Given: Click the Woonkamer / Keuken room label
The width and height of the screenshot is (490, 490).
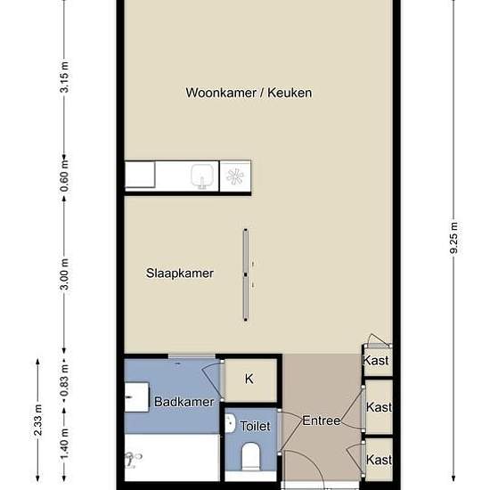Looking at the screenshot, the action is [249, 93].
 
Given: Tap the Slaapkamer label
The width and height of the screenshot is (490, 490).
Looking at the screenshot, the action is [180, 274].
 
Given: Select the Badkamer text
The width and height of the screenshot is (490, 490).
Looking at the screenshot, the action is [184, 402].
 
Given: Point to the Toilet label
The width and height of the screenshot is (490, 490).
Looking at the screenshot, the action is [255, 426].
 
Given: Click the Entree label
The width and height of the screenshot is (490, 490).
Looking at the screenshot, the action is [322, 421].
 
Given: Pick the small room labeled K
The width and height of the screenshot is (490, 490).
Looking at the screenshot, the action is [249, 379].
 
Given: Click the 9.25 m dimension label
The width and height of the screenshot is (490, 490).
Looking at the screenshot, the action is [454, 238].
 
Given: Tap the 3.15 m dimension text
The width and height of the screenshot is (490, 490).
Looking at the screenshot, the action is [64, 78].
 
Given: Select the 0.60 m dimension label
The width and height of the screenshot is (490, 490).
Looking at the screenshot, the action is [64, 176].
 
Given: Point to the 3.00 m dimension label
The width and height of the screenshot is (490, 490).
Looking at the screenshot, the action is [64, 274].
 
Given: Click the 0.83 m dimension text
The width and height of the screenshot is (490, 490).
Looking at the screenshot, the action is [64, 381].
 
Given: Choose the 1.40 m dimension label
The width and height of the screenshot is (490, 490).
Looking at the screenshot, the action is [64, 445].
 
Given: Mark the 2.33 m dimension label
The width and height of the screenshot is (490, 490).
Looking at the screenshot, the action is [38, 420].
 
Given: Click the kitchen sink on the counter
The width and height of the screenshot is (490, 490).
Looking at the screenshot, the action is [202, 176].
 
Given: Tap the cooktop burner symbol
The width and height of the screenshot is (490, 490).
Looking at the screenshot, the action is [235, 176].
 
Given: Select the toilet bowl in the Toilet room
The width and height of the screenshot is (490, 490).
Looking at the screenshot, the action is [251, 456].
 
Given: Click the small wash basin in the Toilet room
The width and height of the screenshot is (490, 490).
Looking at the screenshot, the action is [230, 423].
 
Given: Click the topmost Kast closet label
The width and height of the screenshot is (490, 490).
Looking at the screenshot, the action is [376, 360].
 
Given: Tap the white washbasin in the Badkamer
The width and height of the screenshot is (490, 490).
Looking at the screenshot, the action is [136, 397].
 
